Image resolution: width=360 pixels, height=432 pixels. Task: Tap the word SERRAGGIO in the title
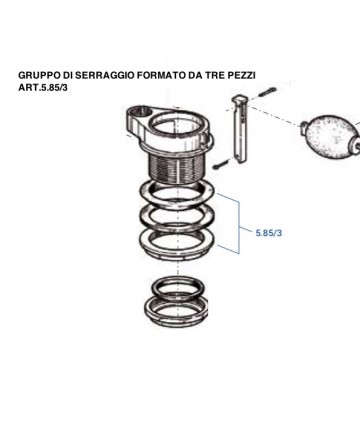pyautogui.click(x=104, y=75)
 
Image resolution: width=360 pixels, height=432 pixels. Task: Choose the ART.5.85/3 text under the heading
pyautogui.click(x=43, y=88)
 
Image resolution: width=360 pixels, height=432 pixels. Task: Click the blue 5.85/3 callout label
pyautogui.click(x=269, y=233)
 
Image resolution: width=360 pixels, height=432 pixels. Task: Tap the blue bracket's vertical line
pyautogui.click(x=239, y=228)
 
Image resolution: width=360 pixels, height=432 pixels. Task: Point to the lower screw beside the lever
pyautogui.click(x=221, y=164)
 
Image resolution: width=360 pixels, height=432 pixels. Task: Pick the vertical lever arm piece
pyautogui.click(x=240, y=128)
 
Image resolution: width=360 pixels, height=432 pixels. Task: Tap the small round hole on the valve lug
pyautogui.click(x=140, y=112)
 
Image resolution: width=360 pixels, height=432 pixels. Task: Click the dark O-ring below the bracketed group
pyautogui.click(x=177, y=287)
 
